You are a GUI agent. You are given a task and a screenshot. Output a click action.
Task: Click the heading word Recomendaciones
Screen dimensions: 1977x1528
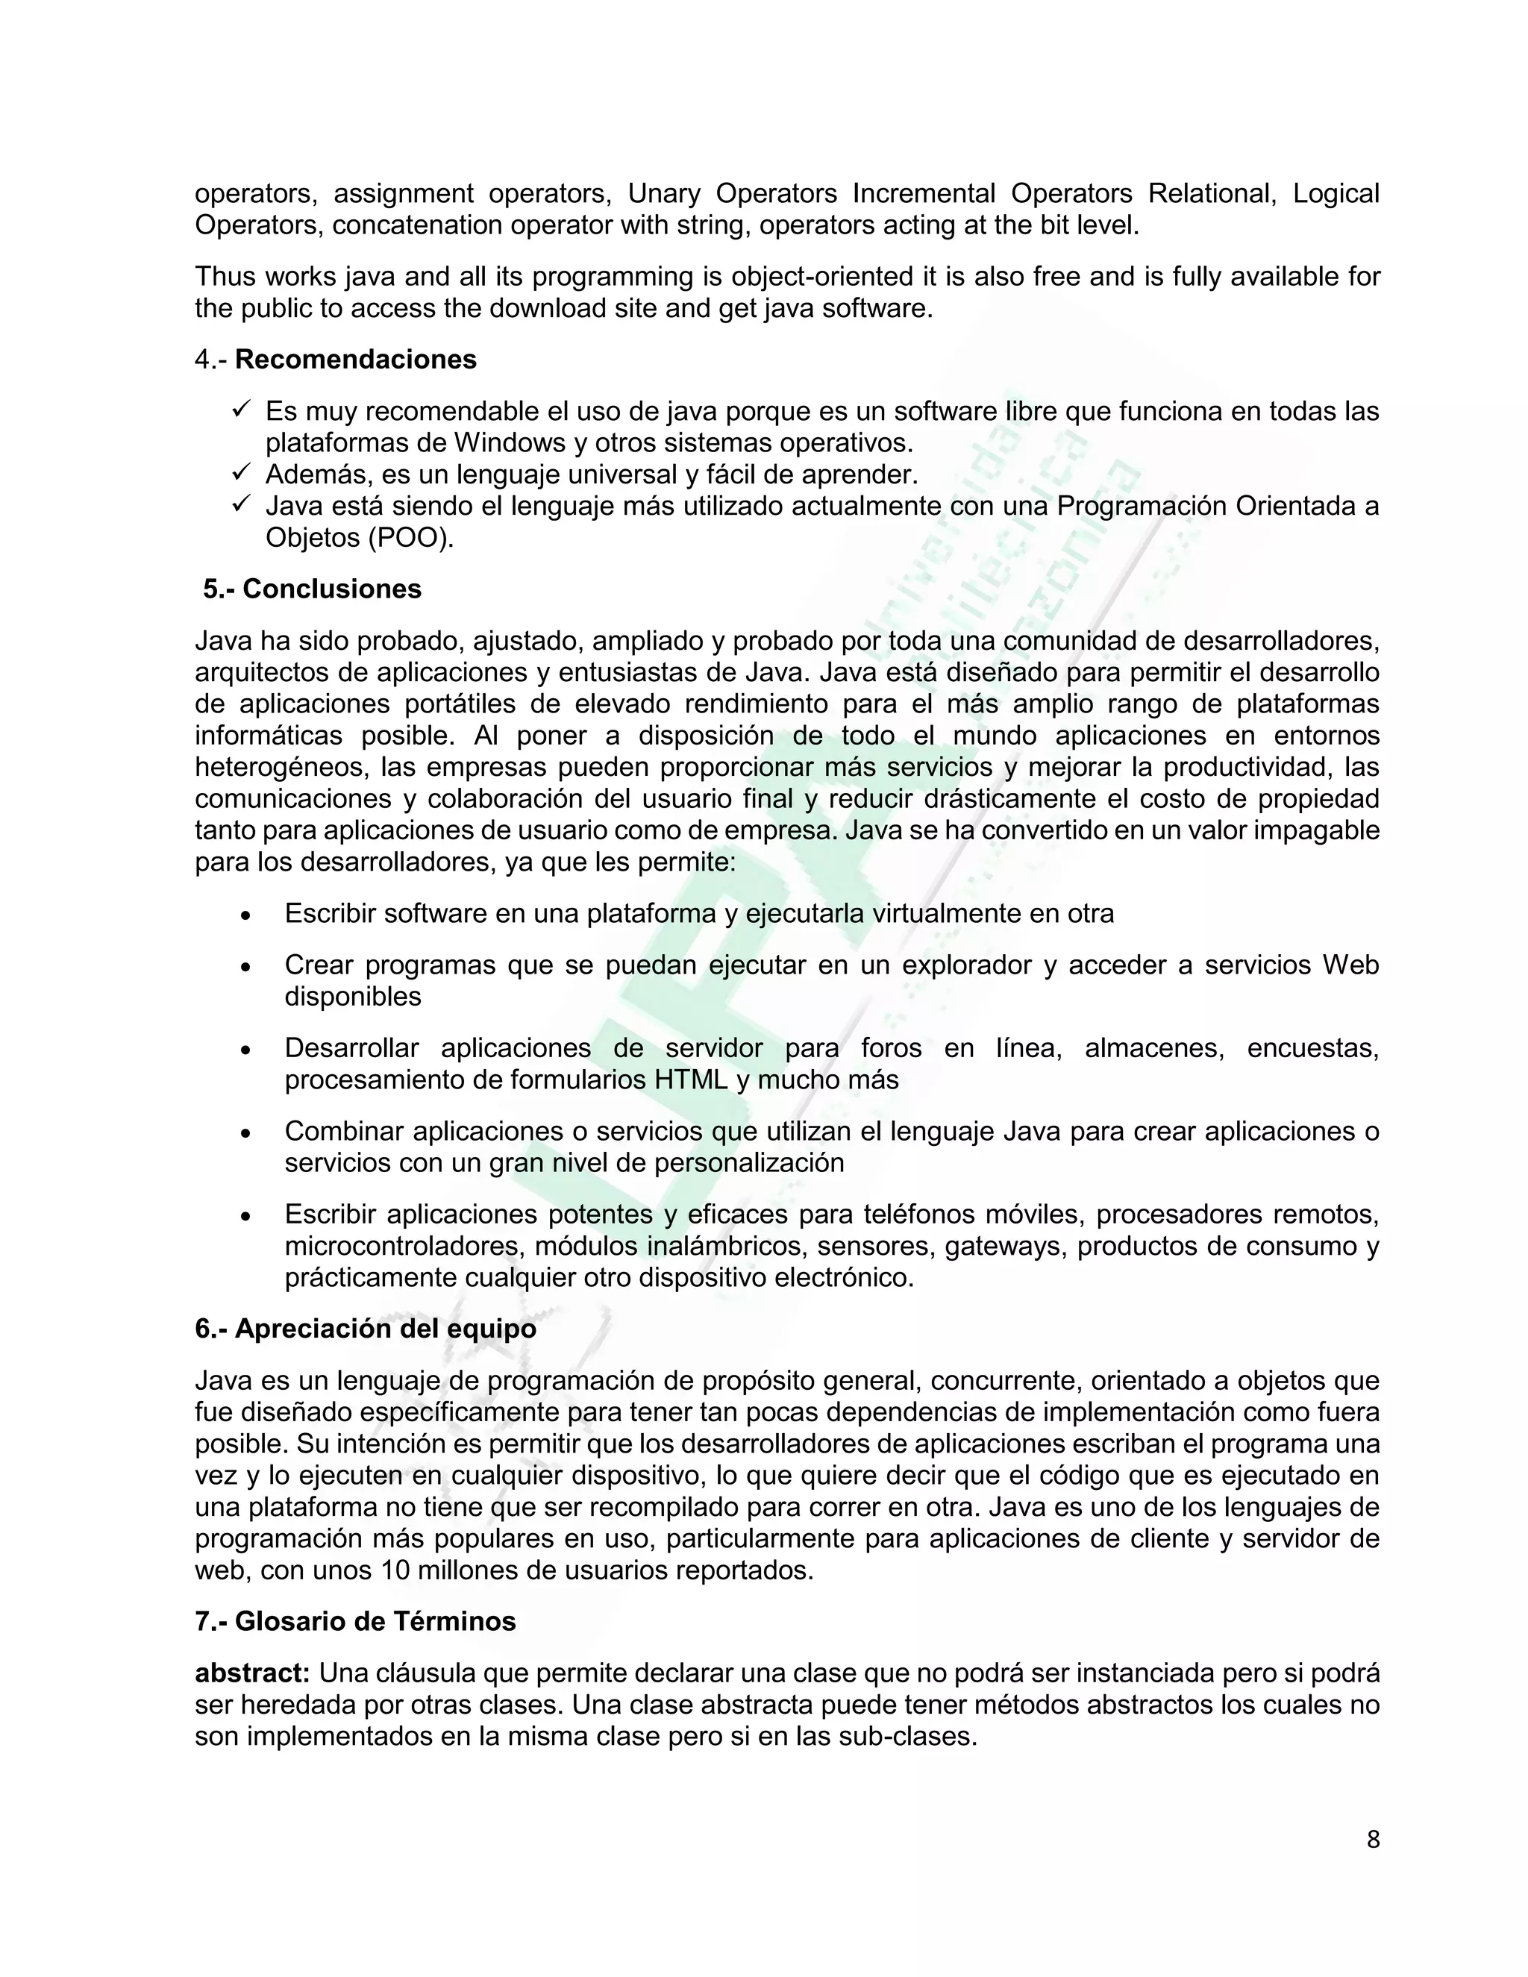coord(355,360)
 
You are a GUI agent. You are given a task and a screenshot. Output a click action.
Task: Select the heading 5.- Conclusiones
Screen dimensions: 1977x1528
coord(313,589)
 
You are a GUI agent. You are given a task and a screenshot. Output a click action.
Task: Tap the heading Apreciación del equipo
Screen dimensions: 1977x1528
coord(386,1329)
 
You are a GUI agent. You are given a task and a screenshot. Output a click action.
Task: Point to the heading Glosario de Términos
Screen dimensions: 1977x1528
coord(375,1621)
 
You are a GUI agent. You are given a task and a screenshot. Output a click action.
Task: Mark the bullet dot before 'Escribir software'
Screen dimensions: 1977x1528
coord(245,915)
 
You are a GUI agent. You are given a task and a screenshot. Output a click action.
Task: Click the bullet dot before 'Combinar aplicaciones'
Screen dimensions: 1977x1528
coord(245,1133)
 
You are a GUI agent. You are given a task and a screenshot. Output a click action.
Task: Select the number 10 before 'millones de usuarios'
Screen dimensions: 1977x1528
coord(395,1570)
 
